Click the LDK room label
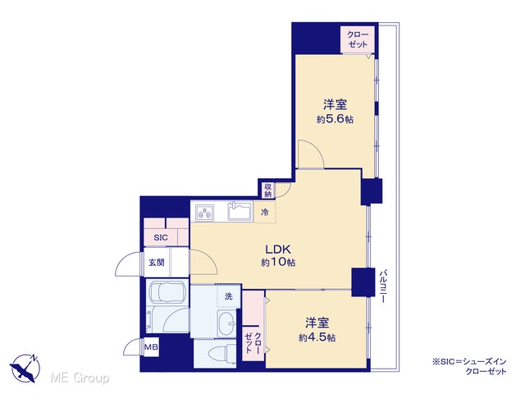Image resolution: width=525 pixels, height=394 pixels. click(277, 250)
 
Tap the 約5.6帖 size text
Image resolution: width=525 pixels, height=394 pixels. click(335, 120)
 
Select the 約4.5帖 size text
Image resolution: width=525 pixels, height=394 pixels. click(317, 337)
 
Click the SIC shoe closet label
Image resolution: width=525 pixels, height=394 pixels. click(161, 237)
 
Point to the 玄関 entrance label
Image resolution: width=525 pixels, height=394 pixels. click(157, 263)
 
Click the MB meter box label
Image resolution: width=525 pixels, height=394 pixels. click(151, 347)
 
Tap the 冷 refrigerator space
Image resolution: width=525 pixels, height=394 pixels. click(265, 212)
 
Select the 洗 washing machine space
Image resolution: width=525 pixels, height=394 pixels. click(229, 296)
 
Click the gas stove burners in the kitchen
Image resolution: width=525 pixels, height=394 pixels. click(205, 213)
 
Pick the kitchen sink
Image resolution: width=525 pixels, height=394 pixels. click(240, 211)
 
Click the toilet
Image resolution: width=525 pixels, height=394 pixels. click(221, 354)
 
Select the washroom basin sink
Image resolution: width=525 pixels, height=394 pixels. click(226, 323)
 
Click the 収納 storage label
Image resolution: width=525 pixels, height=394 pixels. click(268, 190)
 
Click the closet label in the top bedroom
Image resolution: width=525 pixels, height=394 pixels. click(358, 39)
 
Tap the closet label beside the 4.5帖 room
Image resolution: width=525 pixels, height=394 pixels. click(253, 343)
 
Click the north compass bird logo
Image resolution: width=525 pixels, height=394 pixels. click(25, 368)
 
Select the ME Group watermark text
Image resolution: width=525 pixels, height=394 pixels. click(80, 378)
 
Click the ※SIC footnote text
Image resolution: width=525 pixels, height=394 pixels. click(470, 366)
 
